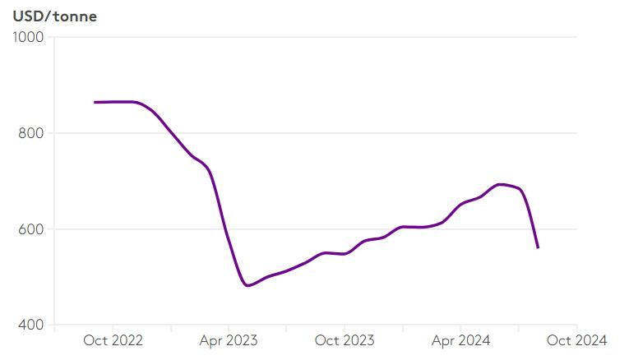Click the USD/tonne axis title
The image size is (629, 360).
[55, 16]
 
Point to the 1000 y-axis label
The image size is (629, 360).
[28, 37]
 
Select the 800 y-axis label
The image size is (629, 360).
[31, 132]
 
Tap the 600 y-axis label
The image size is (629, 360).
[31, 229]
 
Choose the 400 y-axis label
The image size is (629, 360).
[31, 325]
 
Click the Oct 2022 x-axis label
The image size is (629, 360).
[113, 340]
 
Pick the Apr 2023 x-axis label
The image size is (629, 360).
[229, 340]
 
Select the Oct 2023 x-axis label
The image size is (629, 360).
[345, 340]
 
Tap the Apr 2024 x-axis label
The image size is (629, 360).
[461, 340]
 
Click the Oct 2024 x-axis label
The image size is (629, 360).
[577, 340]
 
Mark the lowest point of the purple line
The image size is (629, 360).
[247, 285]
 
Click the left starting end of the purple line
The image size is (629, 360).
[95, 102]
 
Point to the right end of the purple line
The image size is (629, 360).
[538, 247]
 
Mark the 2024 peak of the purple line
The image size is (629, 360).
[500, 184]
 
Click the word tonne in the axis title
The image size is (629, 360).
[75, 16]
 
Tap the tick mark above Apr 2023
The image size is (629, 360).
[229, 328]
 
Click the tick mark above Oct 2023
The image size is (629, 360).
[345, 328]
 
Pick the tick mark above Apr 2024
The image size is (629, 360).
[461, 328]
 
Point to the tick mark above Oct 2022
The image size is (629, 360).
[113, 328]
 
